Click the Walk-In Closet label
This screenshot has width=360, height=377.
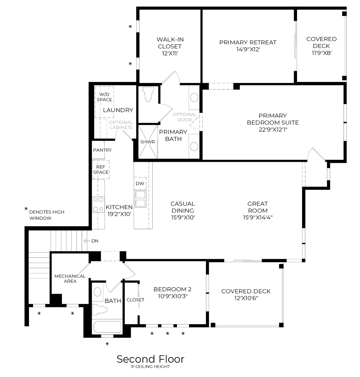click(x=170, y=43)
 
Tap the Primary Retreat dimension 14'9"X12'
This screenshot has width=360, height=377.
click(x=248, y=49)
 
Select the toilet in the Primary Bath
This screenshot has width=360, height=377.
click(x=149, y=94)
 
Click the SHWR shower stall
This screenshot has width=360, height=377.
click(x=147, y=142)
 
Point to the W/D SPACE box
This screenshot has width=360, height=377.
click(x=104, y=97)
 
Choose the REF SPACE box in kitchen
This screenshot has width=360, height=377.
click(x=101, y=170)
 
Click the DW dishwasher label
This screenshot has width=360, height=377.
click(x=140, y=184)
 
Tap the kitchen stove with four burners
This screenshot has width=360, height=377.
click(x=98, y=204)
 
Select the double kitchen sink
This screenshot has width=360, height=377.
click(x=140, y=199)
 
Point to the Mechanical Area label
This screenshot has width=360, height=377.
click(x=70, y=278)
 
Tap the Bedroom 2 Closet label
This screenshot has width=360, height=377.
click(x=135, y=300)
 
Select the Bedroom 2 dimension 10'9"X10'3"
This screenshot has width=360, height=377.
click(x=172, y=296)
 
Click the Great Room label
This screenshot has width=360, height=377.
click(x=257, y=207)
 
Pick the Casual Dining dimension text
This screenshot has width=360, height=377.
click(x=182, y=217)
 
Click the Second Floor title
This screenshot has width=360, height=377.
click(x=150, y=359)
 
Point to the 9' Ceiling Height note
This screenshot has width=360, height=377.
click(x=150, y=367)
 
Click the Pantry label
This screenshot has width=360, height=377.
click(x=102, y=150)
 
